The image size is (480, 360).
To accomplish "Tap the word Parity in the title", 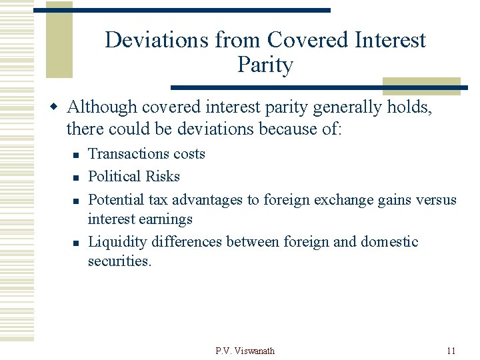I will point(265,65).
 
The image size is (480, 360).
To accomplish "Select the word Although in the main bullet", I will point(103,107).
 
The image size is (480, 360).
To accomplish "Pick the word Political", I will point(112,177).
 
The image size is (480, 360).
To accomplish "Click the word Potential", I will point(115,199).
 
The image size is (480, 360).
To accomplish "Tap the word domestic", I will point(389,241).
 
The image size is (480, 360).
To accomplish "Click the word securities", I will point(120,261).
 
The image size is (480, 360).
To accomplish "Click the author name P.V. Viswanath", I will point(245,351).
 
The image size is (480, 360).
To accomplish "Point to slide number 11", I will point(451,351).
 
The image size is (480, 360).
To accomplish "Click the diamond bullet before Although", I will point(57,107).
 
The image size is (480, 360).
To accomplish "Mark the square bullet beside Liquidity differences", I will point(76,243).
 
